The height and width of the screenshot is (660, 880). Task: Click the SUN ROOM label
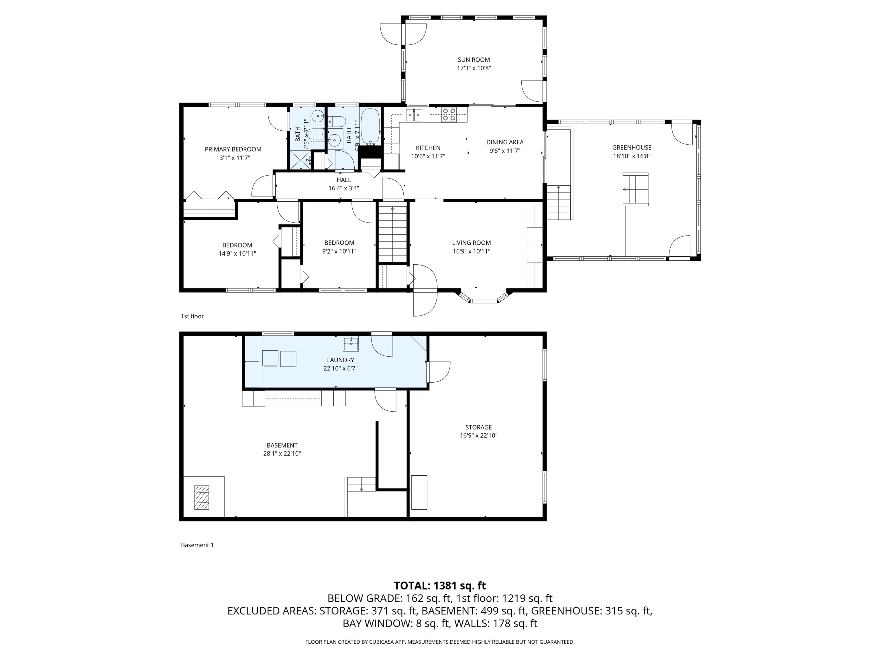coord(474,60)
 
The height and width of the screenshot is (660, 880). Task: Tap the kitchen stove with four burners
coord(449,115)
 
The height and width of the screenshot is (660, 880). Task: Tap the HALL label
coord(344,180)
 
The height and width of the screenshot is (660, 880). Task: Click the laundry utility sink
coord(351,344)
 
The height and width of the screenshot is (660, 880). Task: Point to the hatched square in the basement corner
coord(202,497)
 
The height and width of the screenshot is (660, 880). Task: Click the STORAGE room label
coord(479,427)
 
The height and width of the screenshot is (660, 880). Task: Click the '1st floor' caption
coord(192,316)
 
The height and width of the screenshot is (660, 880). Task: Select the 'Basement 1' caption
coord(197,545)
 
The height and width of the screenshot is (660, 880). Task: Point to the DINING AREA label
coord(505,142)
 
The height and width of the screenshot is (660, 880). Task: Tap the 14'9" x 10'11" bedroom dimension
coord(237,254)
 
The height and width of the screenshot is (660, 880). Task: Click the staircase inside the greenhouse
coord(635,189)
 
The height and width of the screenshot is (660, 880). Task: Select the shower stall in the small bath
coord(300,160)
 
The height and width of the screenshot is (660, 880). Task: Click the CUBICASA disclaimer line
coord(440,642)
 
